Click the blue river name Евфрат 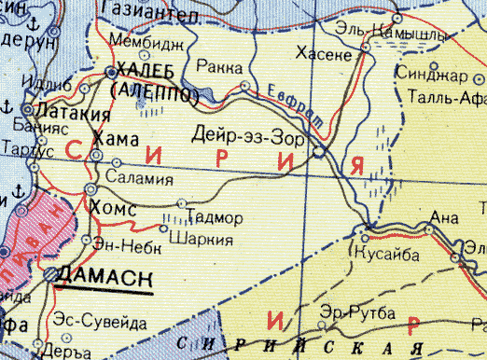pos(282,96)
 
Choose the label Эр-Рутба pos(353,311)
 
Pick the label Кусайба pos(385,253)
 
